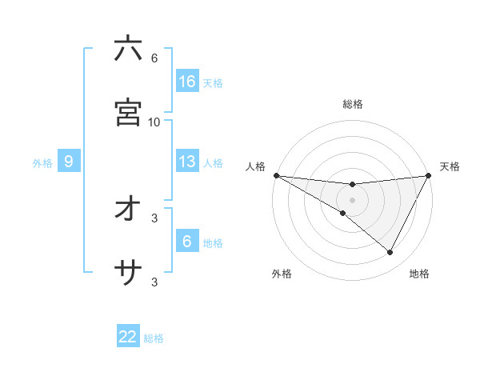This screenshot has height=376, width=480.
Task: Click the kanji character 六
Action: (128, 49)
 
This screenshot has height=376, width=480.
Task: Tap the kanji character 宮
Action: (128, 113)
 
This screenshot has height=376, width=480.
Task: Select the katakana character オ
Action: (128, 210)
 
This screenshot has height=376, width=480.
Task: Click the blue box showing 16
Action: (187, 82)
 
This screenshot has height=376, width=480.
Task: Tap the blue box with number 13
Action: (187, 162)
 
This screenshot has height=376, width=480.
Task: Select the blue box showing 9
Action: (69, 162)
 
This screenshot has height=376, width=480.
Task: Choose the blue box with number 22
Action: (128, 338)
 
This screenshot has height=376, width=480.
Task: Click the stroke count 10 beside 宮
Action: (154, 122)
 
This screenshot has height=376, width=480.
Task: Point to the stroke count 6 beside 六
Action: (154, 58)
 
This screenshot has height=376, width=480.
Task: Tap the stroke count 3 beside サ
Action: (154, 282)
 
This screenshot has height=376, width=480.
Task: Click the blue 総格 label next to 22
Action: (154, 338)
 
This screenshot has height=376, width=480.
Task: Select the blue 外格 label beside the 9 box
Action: (42, 162)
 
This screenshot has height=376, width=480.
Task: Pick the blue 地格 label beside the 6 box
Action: (213, 243)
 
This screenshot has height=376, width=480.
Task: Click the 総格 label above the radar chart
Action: (353, 104)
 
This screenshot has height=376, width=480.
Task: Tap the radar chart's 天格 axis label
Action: (450, 166)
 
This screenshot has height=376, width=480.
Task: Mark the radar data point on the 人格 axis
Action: (276, 174)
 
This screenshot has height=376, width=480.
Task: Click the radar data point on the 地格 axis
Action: (390, 253)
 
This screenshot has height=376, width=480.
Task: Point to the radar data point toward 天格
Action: (429, 174)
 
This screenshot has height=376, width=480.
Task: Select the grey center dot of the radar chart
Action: (353, 199)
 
